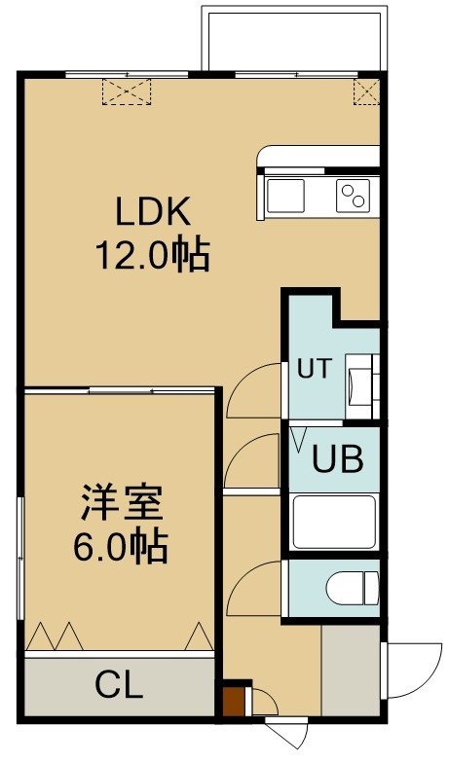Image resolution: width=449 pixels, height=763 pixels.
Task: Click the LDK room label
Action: click(152, 210)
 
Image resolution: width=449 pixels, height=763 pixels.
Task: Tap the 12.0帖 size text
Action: click(152, 255)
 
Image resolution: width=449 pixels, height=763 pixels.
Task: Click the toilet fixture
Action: click(353, 588)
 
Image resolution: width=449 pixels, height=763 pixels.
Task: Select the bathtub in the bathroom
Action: click(335, 522)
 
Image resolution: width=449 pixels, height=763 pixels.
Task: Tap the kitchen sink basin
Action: click(285, 196)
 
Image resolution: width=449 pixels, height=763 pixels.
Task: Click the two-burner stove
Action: click(353, 196)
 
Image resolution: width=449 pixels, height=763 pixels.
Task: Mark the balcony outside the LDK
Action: click(294, 41)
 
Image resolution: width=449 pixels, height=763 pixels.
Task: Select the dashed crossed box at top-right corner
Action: click(366, 91)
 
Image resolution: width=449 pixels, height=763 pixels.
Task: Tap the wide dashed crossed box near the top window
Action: click(127, 91)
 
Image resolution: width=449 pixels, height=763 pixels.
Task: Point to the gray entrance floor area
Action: click(351, 671)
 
